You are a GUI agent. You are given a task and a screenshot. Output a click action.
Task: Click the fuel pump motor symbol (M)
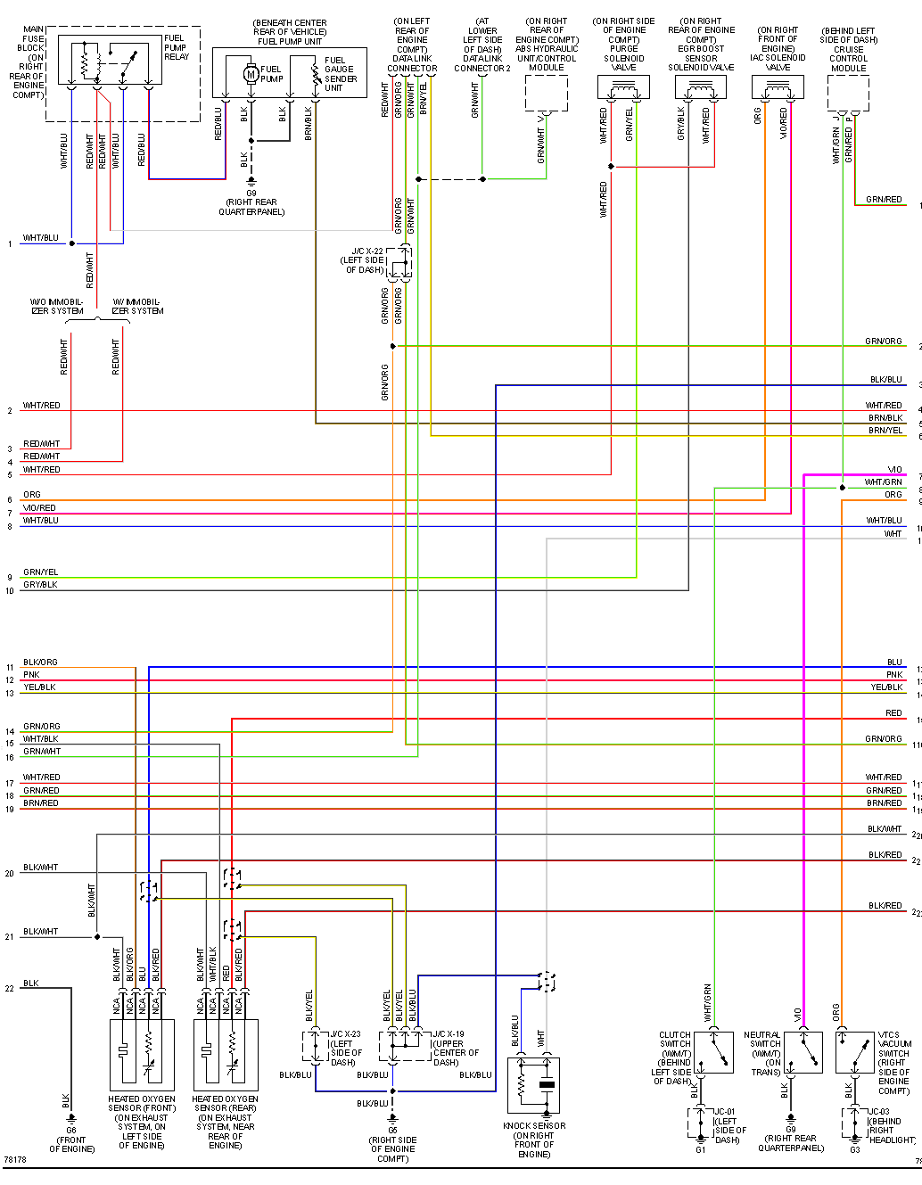pos(251,74)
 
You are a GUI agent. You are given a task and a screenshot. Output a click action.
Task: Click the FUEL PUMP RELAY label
pos(176,47)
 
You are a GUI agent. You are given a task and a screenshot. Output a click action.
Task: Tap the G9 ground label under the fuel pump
pos(251,202)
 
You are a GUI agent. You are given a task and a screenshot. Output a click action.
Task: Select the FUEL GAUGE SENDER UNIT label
pos(340,74)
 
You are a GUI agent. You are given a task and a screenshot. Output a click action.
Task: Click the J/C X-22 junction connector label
pos(366,260)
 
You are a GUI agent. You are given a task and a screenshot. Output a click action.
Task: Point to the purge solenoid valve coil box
pos(623,87)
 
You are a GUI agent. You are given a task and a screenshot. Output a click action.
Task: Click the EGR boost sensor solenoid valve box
pos(701,87)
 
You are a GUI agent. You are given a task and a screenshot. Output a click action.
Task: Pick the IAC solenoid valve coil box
pos(778,87)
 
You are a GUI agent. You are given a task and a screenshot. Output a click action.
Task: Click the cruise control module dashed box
pos(848,93)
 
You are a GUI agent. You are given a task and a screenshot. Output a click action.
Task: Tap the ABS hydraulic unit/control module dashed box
pos(547,93)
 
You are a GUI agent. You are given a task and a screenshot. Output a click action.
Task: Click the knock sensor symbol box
pos(533,1085)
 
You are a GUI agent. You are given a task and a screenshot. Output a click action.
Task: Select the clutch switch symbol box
pos(714,1052)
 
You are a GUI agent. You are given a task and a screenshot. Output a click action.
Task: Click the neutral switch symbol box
pos(803,1052)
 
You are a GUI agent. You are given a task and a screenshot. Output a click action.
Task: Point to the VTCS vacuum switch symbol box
pos(854,1052)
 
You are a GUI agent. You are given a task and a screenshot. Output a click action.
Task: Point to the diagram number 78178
pos(14,1160)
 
